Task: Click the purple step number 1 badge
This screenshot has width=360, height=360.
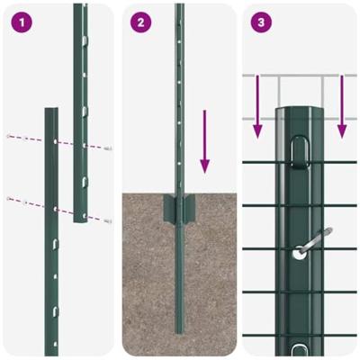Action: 19,21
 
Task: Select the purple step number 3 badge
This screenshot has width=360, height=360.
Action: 260,21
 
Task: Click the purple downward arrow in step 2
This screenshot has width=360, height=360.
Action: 205,139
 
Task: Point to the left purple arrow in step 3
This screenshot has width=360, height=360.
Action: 258,108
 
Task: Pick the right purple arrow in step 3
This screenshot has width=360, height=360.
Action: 341,108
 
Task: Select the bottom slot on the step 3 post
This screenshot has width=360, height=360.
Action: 299,342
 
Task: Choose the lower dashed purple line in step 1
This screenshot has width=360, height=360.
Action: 56,208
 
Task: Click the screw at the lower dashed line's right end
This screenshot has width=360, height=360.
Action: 107,220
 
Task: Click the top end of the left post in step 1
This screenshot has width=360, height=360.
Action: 51,112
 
